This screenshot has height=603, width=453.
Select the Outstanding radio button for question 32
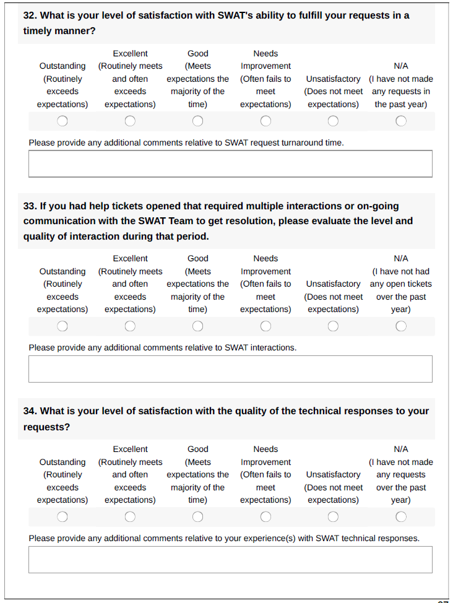pyautogui.click(x=63, y=121)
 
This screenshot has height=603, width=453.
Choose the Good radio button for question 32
pyautogui.click(x=197, y=121)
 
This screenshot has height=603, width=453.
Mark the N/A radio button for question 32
pyautogui.click(x=401, y=121)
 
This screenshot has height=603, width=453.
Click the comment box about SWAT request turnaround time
pyautogui.click(x=230, y=164)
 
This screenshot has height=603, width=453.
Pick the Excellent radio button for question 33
pyautogui.click(x=130, y=326)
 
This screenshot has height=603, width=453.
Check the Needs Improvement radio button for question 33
pyautogui.click(x=265, y=326)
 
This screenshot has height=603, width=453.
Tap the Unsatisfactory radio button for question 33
pyautogui.click(x=333, y=326)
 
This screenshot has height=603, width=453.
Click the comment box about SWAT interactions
pyautogui.click(x=230, y=369)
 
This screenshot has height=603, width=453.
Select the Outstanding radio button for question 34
pyautogui.click(x=63, y=516)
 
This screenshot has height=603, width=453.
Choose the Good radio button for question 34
pyautogui.click(x=197, y=516)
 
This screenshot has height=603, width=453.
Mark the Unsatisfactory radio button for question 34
pyautogui.click(x=333, y=516)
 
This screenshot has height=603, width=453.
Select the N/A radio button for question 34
pyautogui.click(x=401, y=516)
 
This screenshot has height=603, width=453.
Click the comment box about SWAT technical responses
pyautogui.click(x=230, y=560)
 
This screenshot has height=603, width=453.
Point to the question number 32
pyautogui.click(x=30, y=15)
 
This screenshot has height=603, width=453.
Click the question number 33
pyautogui.click(x=30, y=206)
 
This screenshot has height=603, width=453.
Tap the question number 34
pyautogui.click(x=30, y=411)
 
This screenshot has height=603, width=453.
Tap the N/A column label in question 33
pyautogui.click(x=401, y=259)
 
